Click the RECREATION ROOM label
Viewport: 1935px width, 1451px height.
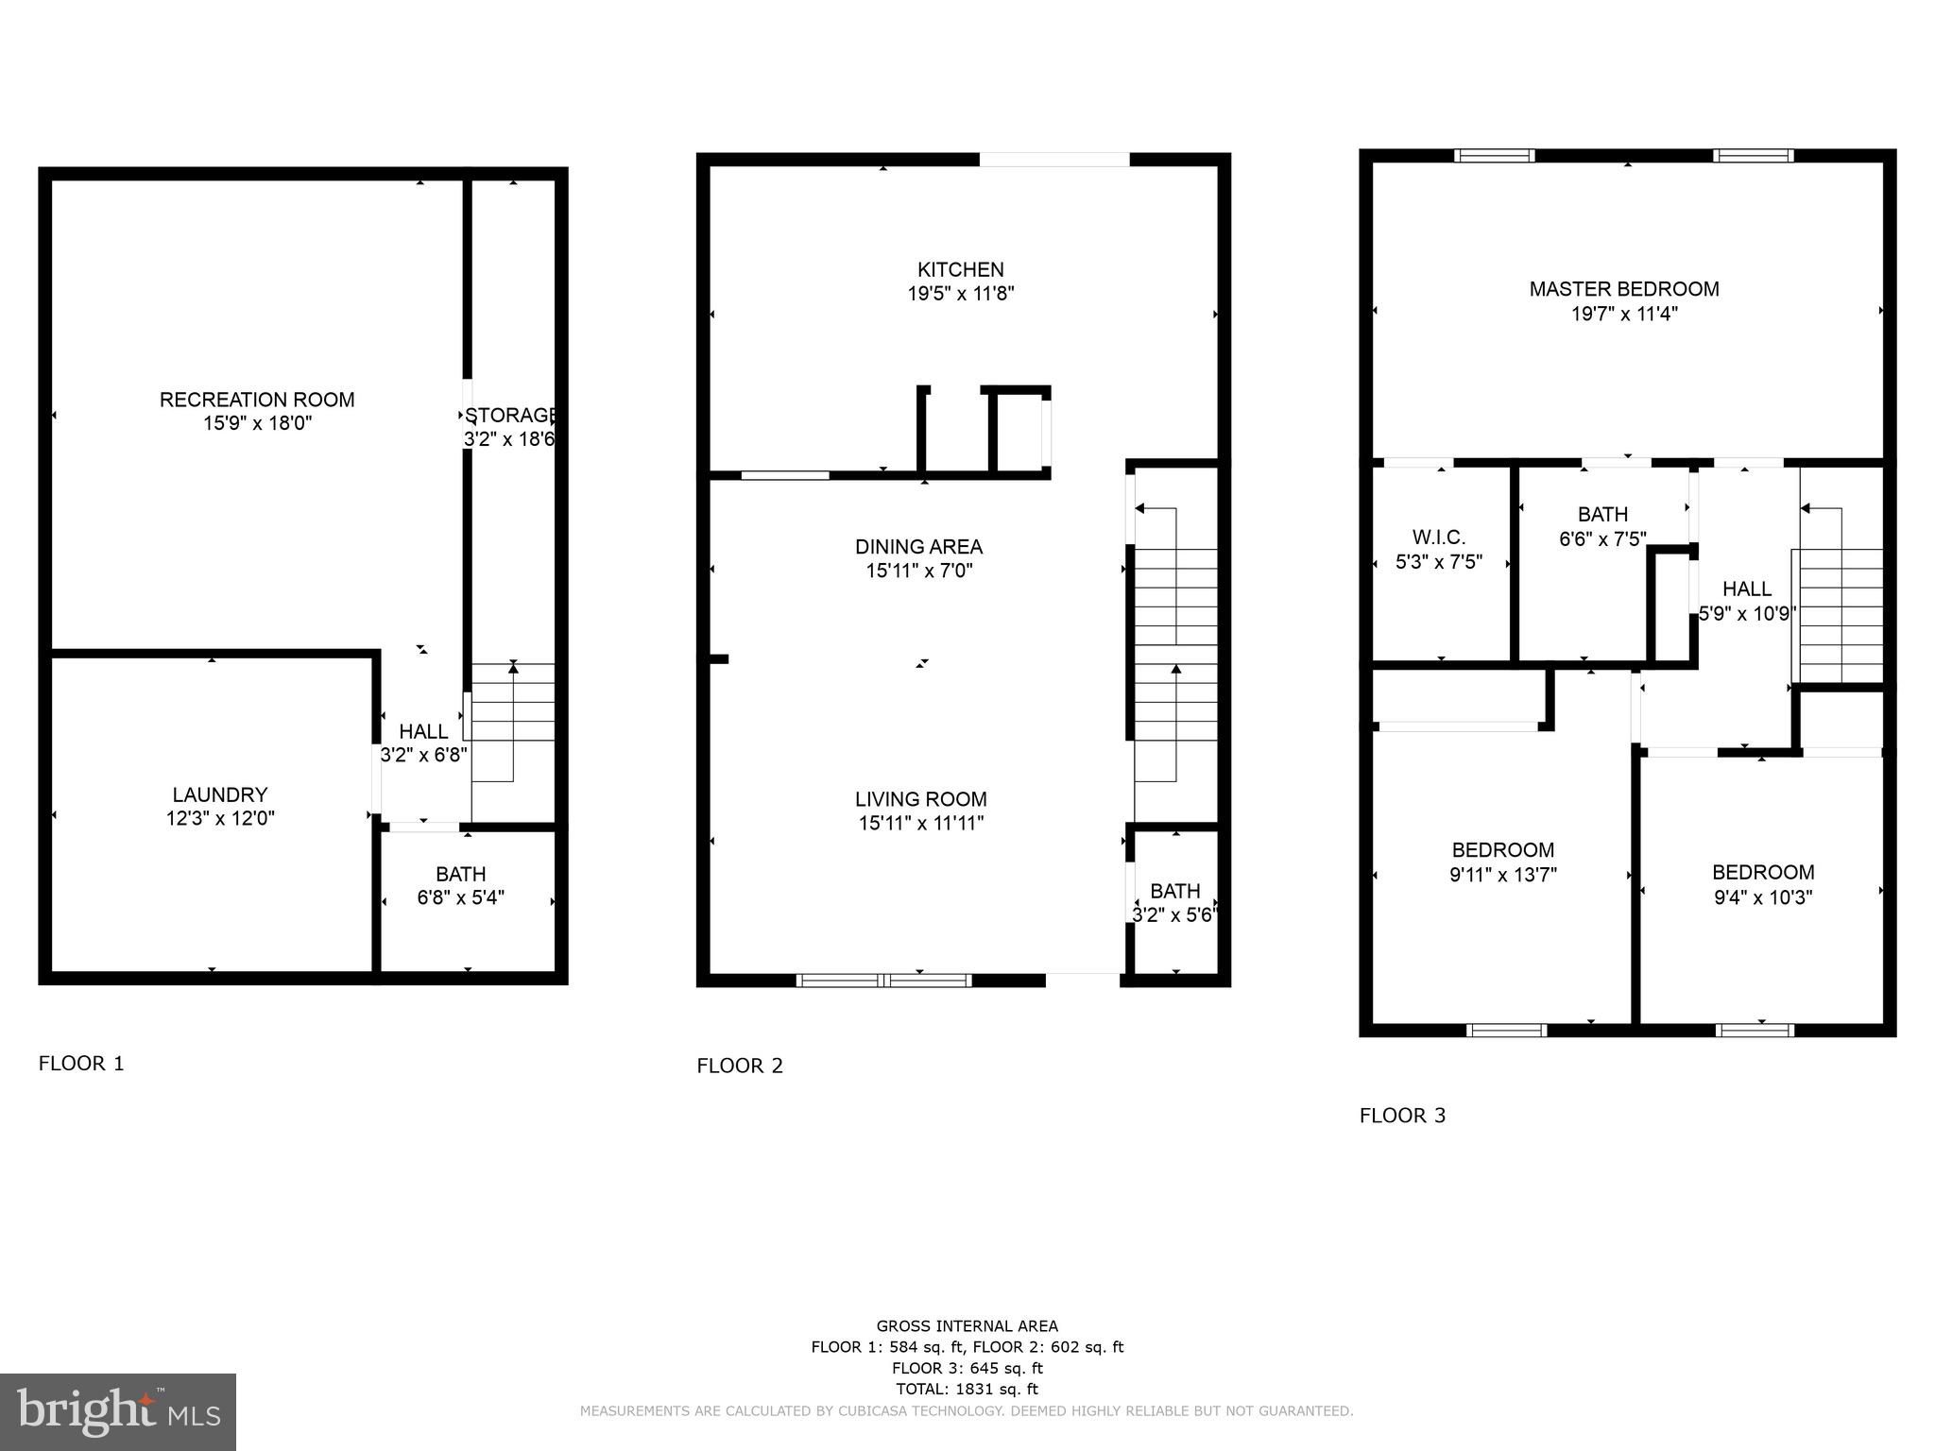257,400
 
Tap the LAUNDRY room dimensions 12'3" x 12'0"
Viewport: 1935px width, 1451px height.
220,819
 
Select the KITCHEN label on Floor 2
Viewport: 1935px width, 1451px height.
960,270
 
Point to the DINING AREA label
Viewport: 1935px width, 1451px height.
918,547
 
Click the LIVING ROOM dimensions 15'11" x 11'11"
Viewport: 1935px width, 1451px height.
920,824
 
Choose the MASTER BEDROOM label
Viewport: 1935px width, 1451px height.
1623,289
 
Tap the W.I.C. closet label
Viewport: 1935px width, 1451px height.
1438,538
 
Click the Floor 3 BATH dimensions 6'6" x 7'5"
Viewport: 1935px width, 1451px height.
1602,539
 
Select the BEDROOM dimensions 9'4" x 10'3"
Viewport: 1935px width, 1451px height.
1762,897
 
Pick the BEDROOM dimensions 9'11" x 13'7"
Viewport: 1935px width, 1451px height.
1502,875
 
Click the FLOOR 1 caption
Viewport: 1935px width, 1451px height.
81,1064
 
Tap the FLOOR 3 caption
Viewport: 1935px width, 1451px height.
1402,1116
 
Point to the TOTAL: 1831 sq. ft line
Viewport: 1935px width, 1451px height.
967,1389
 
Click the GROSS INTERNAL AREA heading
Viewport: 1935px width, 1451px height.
967,1326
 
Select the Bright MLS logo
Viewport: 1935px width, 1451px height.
118,1412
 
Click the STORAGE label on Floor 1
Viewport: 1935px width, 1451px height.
510,416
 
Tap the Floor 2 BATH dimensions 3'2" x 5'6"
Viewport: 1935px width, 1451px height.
1173,915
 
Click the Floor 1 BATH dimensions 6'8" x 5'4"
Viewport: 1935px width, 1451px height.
461,897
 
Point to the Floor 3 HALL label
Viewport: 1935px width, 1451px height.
1746,589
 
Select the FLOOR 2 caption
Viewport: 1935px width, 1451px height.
740,1066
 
